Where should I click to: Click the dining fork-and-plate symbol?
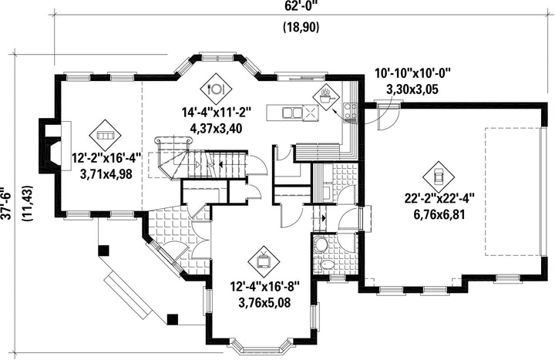pyautogui.click(x=216, y=89)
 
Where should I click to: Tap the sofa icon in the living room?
pyautogui.click(x=105, y=135)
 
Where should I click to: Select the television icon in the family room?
pyautogui.click(x=264, y=261)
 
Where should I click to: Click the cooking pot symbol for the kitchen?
pyautogui.click(x=326, y=97)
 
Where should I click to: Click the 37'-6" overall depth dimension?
pyautogui.click(x=6, y=204)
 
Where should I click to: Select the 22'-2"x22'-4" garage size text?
pyautogui.click(x=439, y=198)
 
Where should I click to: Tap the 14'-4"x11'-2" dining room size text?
pyautogui.click(x=217, y=113)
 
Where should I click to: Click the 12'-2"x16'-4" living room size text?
pyautogui.click(x=106, y=158)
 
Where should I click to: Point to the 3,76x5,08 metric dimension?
pyautogui.click(x=264, y=303)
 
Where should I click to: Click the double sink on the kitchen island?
pyautogui.click(x=292, y=113)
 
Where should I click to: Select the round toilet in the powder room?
pyautogui.click(x=321, y=244)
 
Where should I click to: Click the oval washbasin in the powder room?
pyautogui.click(x=327, y=264)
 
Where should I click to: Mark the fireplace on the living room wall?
pyautogui.click(x=50, y=146)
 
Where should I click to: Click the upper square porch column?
pyautogui.click(x=103, y=251)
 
